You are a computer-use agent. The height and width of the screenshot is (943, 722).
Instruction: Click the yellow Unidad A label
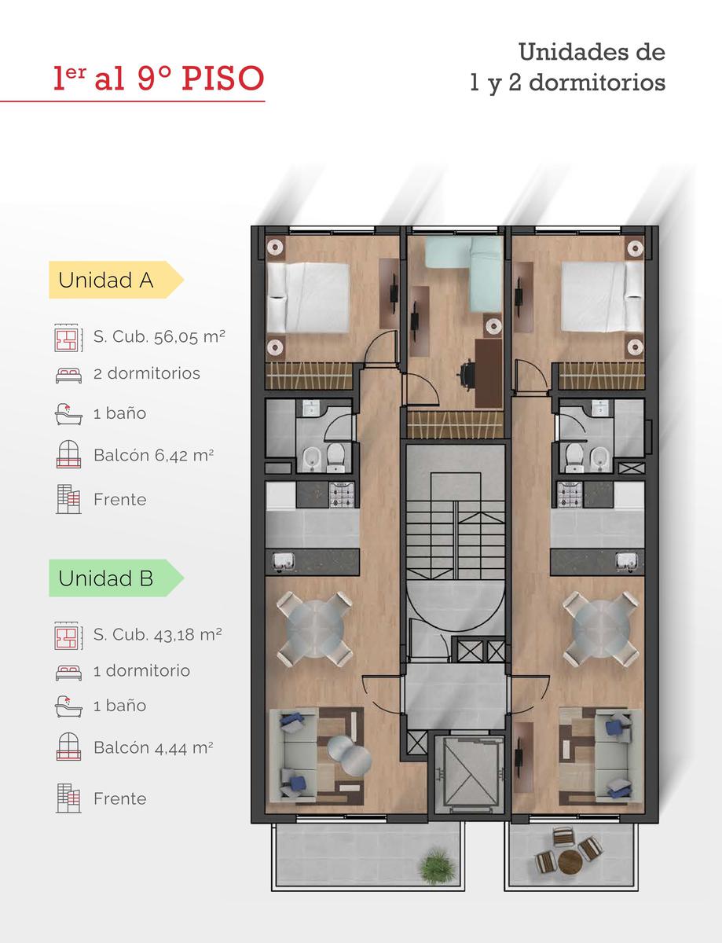pos(115,280)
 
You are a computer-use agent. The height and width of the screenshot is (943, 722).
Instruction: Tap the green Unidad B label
pos(115,578)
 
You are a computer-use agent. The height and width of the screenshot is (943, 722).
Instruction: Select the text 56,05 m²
pos(189,337)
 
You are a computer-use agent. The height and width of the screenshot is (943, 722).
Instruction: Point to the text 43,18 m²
pos(188,635)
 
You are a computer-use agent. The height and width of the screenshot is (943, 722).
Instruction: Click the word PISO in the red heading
pos(223,78)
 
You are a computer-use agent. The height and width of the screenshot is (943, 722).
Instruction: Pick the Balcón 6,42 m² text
pos(153,455)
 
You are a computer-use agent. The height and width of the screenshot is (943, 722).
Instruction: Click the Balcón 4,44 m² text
pos(153,747)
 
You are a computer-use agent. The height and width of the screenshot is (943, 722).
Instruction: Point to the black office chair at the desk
pos(467,372)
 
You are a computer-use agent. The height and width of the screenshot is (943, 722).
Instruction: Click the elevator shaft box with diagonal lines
pos(469,773)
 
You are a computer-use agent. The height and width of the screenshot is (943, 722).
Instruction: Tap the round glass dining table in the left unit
pos(315,628)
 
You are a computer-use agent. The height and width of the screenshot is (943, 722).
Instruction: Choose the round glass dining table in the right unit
pos(600,628)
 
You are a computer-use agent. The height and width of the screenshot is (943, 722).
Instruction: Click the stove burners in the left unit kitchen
pos(342,495)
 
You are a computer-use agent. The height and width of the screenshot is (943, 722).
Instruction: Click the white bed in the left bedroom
pos(308,298)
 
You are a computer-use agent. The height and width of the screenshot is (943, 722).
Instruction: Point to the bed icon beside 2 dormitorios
pos(68,375)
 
